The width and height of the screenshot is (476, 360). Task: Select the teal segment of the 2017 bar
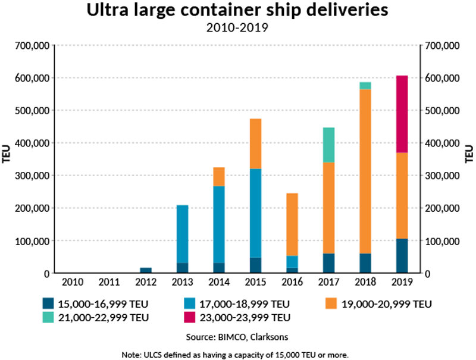click(x=329, y=145)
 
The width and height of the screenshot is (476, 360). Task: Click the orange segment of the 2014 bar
click(x=219, y=177)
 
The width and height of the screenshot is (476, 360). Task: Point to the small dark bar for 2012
click(x=146, y=271)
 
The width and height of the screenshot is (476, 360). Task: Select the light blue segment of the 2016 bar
click(x=292, y=262)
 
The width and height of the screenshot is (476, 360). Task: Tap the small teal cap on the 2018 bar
click(x=365, y=86)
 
